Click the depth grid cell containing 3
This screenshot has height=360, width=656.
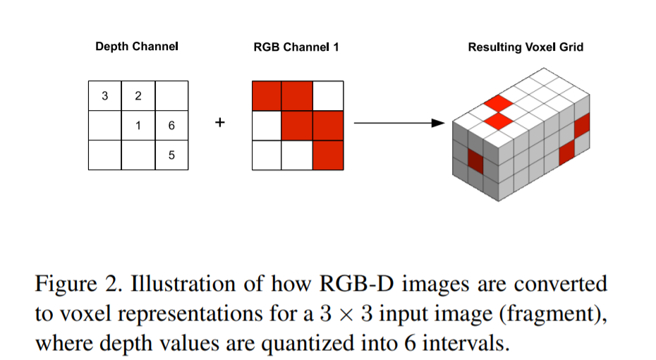[104, 96]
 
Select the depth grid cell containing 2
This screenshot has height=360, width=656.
[138, 96]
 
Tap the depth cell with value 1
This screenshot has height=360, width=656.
[138, 126]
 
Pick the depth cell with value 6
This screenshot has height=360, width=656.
[171, 126]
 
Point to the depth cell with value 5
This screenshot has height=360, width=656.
[171, 155]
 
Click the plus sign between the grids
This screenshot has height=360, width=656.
[219, 123]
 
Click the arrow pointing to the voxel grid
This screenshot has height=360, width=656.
[399, 124]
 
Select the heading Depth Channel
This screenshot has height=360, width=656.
[137, 47]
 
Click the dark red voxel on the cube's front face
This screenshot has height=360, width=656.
[477, 160]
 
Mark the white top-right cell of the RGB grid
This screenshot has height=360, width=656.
[327, 96]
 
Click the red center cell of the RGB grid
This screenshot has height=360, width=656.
[297, 126]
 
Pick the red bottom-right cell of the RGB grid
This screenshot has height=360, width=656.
[327, 155]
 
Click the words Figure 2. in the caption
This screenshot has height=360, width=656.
[78, 284]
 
